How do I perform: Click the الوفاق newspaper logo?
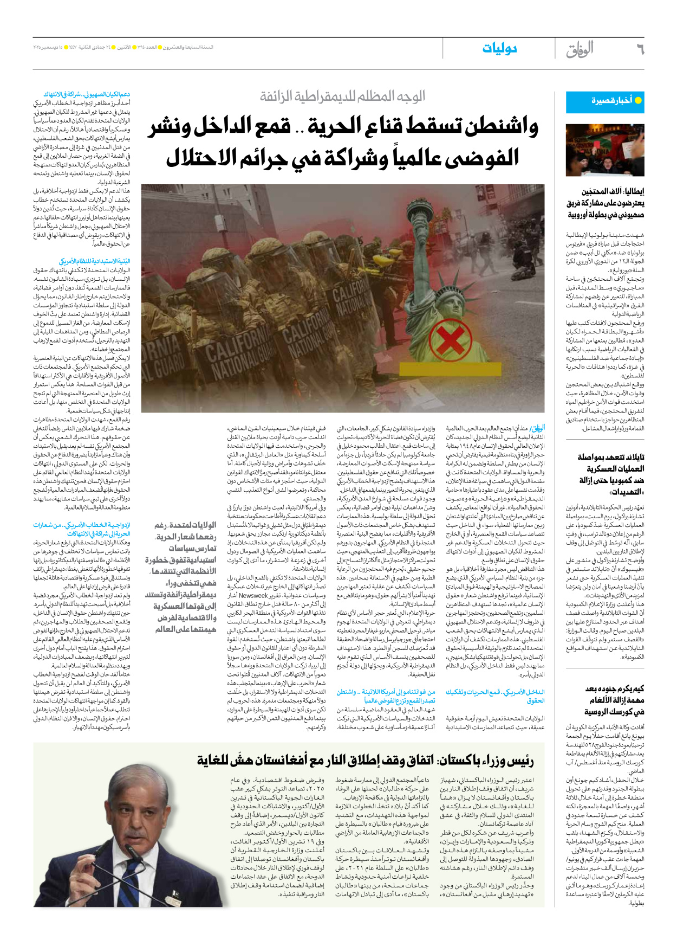coord(580,50)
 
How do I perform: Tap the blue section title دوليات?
coord(499,49)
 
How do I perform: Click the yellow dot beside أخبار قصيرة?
coord(638,101)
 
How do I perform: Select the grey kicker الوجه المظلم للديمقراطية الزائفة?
coord(342,97)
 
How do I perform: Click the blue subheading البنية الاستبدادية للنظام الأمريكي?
coord(95,261)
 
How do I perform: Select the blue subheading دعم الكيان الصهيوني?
coord(87,94)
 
